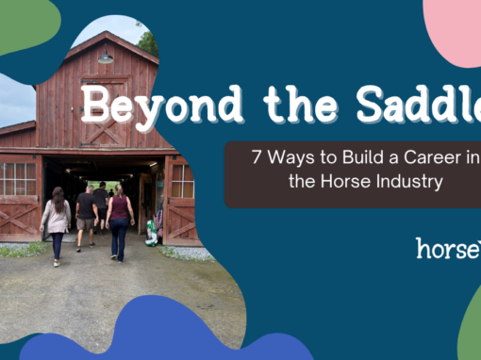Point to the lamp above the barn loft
pyautogui.click(x=106, y=57)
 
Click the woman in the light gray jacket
pyautogui.click(x=56, y=223)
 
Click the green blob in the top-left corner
pyautogui.click(x=24, y=25)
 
